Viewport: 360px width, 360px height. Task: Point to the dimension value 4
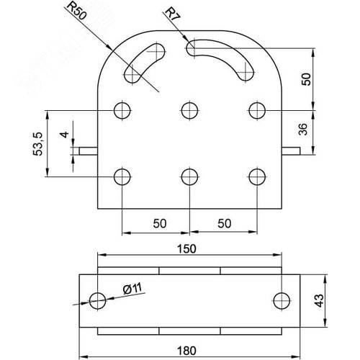click(x=64, y=135)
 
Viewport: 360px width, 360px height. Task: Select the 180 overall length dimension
click(x=187, y=351)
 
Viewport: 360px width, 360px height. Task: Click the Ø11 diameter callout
click(x=131, y=289)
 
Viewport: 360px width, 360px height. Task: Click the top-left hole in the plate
click(x=122, y=110)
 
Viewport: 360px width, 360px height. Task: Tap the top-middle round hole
click(x=189, y=110)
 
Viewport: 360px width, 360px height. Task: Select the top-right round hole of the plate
click(x=256, y=110)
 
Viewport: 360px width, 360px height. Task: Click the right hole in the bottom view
click(x=282, y=300)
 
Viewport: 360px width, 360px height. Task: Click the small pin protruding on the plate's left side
click(x=90, y=151)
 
